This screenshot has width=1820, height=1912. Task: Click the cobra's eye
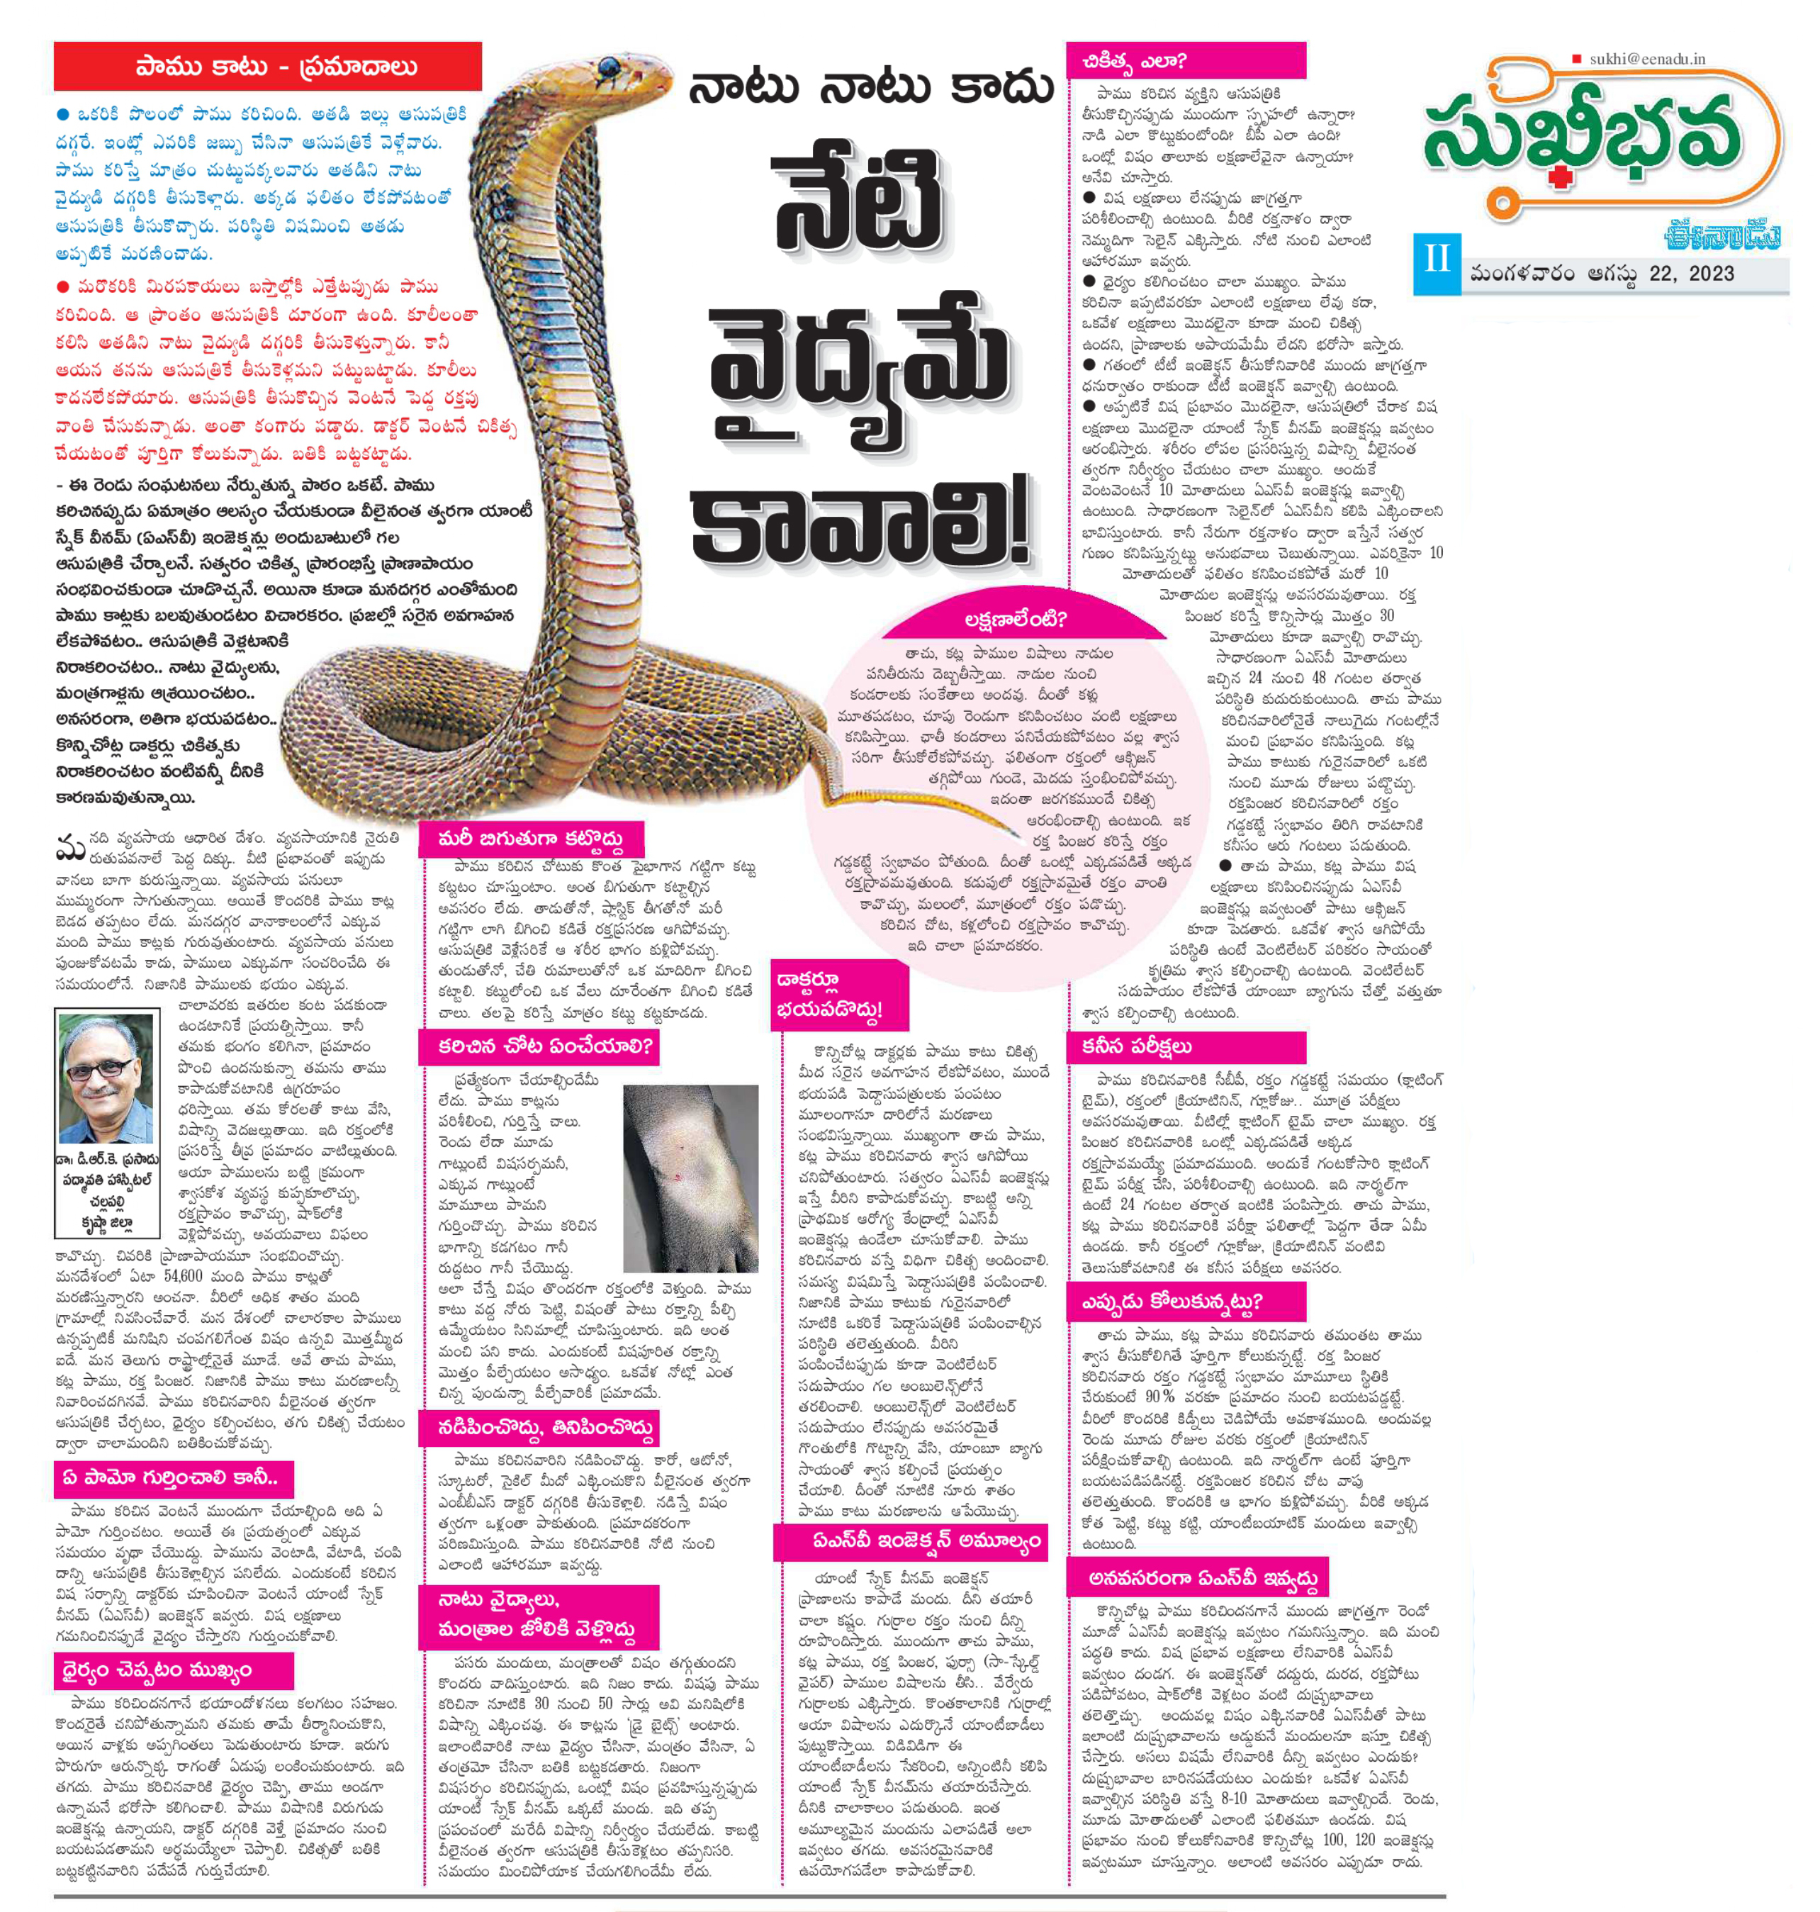click(610, 68)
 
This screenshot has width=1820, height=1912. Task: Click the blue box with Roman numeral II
click(1436, 262)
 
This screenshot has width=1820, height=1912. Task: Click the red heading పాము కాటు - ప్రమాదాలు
click(268, 67)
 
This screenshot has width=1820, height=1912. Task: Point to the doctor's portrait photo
click(106, 1078)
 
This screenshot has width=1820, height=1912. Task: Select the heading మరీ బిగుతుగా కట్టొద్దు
click(531, 839)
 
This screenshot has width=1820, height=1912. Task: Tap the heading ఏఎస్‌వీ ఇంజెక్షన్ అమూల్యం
click(912, 1541)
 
